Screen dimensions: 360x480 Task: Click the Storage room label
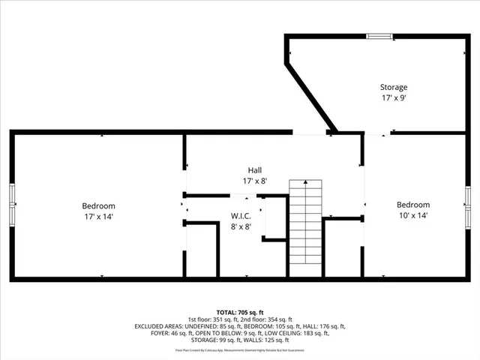coord(393,87)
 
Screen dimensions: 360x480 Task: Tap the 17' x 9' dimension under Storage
coord(393,97)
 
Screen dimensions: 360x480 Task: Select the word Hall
coord(255,169)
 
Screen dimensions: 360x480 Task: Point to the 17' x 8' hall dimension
coord(255,181)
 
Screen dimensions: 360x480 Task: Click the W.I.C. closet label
coord(241,216)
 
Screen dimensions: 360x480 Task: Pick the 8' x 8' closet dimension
coord(241,226)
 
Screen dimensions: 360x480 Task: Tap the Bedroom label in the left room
coord(98,205)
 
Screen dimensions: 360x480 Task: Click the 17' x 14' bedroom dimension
coord(98,216)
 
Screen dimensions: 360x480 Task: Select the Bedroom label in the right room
coord(413,205)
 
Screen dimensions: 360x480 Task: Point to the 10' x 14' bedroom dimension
coord(413,215)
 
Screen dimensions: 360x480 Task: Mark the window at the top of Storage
coord(378,35)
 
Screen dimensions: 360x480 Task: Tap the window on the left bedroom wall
coord(13,205)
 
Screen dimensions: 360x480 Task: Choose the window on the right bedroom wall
coord(467,205)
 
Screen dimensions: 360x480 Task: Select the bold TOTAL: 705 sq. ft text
coord(240,311)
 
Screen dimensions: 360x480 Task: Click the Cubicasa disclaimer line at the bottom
coord(240,350)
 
